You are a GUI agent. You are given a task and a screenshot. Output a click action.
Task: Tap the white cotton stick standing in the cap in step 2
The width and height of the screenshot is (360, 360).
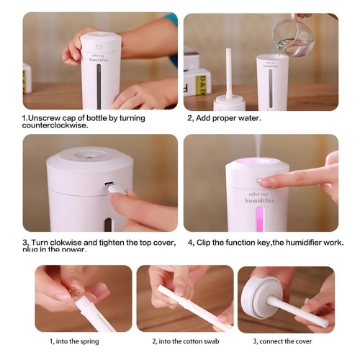coord(228,72)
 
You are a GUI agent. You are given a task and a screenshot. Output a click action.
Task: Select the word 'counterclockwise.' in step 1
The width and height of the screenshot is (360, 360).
coord(57,125)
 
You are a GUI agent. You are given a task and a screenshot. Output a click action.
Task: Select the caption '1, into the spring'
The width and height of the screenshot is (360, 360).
coord(74,341)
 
